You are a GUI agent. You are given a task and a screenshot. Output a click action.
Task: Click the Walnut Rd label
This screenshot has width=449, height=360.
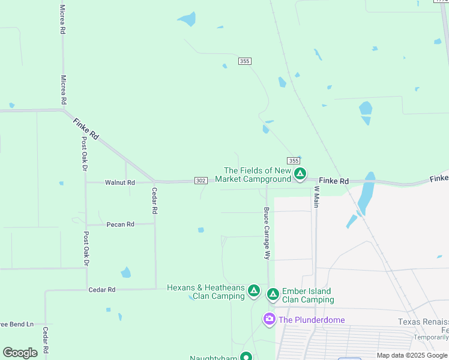click(119, 182)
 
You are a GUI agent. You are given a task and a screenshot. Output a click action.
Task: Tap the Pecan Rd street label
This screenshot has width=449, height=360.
click(120, 224)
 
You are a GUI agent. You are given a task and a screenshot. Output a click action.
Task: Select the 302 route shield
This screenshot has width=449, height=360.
click(201, 181)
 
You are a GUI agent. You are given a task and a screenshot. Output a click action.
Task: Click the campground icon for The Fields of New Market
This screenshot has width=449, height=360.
click(300, 175)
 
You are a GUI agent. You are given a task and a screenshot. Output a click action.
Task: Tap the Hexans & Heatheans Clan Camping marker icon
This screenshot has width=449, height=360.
click(254, 292)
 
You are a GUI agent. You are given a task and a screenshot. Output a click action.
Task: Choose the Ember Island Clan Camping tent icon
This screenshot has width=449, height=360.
click(273, 294)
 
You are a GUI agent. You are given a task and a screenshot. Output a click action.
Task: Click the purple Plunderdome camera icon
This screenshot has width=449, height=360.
click(270, 319)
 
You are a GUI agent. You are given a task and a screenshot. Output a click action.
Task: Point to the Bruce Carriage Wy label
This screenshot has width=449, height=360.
click(267, 233)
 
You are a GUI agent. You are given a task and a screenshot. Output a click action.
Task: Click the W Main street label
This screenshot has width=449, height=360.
click(316, 197)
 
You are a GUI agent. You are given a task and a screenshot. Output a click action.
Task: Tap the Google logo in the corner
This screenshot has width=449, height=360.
click(20, 353)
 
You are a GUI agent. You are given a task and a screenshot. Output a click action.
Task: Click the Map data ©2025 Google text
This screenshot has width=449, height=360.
click(412, 355)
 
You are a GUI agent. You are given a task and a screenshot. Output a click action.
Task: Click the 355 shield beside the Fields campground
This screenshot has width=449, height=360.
click(293, 161)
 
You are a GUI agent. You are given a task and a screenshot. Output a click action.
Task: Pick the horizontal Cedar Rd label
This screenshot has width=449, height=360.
click(101, 290)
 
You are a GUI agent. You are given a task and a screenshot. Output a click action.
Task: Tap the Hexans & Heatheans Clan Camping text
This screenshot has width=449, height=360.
click(205, 292)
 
